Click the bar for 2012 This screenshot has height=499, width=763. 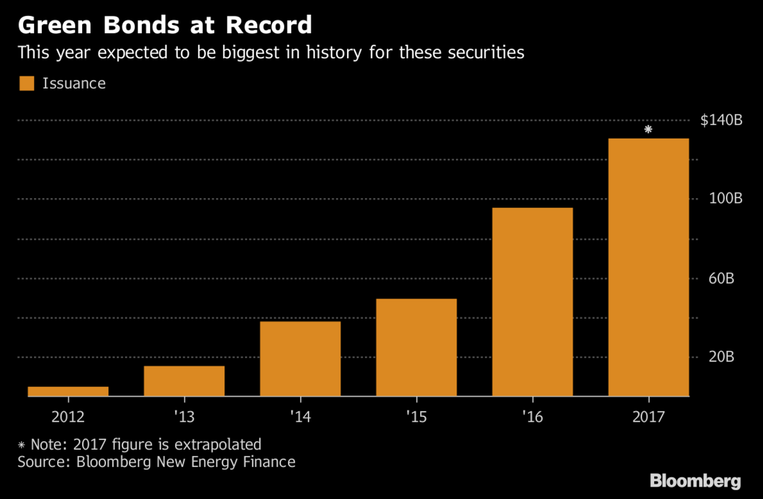click(68, 391)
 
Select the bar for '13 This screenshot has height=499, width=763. click(184, 381)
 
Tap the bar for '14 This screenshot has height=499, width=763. click(300, 359)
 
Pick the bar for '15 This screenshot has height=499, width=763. click(416, 347)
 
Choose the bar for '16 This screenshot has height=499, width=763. click(532, 302)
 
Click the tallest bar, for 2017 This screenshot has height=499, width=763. click(648, 267)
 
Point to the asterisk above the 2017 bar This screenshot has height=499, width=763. click(648, 129)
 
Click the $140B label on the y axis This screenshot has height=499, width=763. click(721, 121)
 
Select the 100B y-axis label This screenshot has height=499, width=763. click(724, 199)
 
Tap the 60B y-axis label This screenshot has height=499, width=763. click(721, 278)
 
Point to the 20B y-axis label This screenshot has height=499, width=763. click(721, 357)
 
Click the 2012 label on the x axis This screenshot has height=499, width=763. click(68, 416)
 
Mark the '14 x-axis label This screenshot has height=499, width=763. click(300, 416)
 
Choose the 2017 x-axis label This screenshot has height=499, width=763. click(648, 416)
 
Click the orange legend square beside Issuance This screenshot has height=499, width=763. click(27, 83)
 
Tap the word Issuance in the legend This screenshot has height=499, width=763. click(74, 83)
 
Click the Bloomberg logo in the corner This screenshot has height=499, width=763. click(695, 481)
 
